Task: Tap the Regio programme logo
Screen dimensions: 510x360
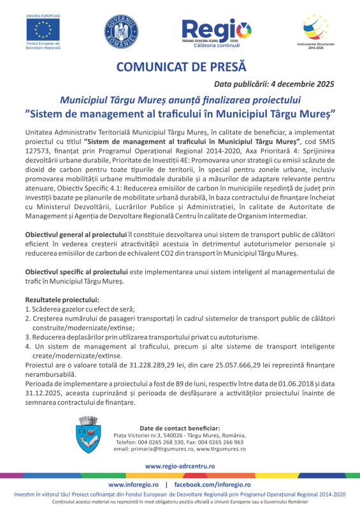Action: point(216,32)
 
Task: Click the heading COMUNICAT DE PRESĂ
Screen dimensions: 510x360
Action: point(180,67)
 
